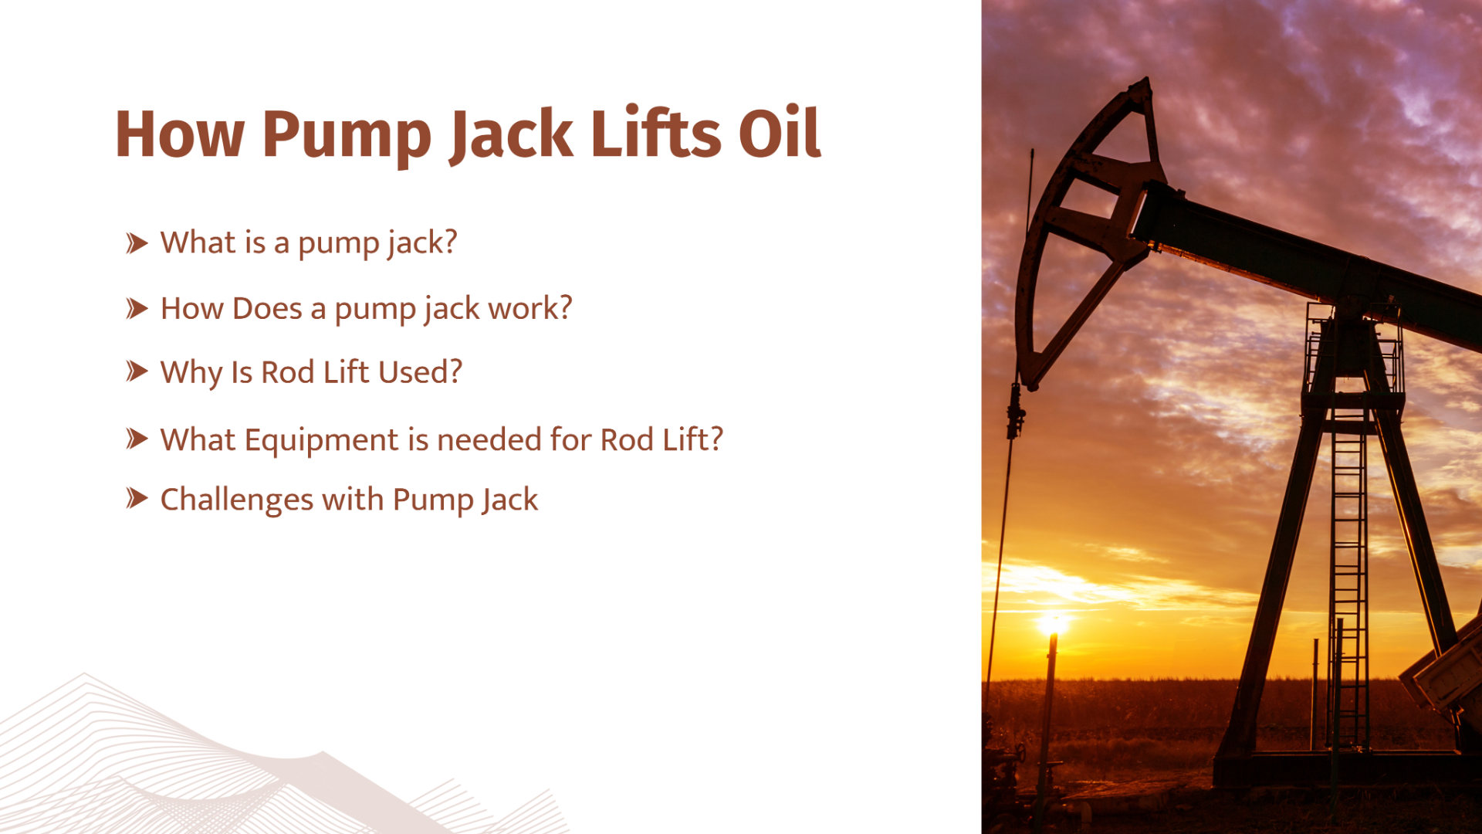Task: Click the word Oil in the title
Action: pyautogui.click(x=780, y=134)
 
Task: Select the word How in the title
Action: pyautogui.click(x=180, y=134)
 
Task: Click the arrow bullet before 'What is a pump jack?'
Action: pyautogui.click(x=137, y=243)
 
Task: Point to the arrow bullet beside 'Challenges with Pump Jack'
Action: pyautogui.click(x=137, y=499)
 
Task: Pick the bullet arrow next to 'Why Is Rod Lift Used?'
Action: pyautogui.click(x=137, y=371)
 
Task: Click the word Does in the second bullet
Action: pyautogui.click(x=267, y=309)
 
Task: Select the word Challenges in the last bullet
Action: pyautogui.click(x=236, y=500)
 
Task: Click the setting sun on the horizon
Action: pyautogui.click(x=1054, y=622)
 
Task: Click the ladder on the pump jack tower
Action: pyautogui.click(x=1348, y=579)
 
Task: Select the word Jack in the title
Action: pyautogui.click(x=512, y=135)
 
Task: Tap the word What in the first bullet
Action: pyautogui.click(x=198, y=243)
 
